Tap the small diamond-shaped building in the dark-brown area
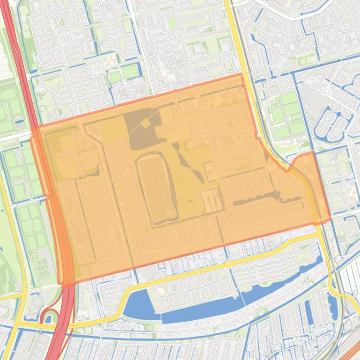coord(145,123)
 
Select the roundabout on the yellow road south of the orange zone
coord(228,264)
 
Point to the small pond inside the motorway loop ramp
coord(48,319)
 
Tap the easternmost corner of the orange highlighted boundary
coord(331,219)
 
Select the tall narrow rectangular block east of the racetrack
coord(210,172)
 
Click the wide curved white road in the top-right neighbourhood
coord(300,14)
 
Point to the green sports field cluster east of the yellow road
coord(286,115)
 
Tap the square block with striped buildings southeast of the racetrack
coord(212,200)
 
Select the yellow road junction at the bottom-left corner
coord(16,323)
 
